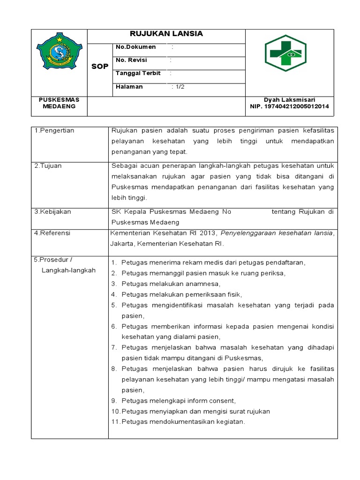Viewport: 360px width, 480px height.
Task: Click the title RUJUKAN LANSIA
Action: (166, 34)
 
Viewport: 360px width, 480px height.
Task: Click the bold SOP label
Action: (99, 67)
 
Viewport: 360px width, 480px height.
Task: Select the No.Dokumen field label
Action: (135, 47)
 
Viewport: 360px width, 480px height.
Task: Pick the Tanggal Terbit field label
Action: (138, 73)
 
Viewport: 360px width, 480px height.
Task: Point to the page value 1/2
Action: (179, 87)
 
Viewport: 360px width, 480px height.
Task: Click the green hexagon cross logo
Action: (285, 53)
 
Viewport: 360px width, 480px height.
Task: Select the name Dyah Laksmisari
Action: (289, 99)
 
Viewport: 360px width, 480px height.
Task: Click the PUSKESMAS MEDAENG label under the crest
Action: (59, 103)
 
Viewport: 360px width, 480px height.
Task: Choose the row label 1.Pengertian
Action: (54, 130)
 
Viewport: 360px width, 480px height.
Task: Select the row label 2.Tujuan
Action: (48, 166)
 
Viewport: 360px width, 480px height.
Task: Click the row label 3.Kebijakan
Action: (52, 211)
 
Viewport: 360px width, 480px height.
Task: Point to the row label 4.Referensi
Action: (52, 232)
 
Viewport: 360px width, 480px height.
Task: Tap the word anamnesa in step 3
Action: (203, 284)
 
